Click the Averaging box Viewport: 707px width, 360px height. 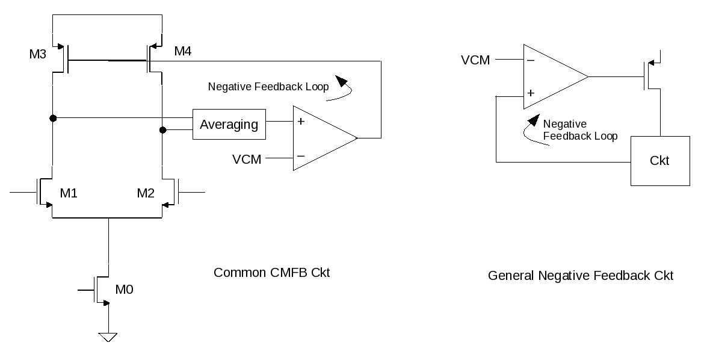229,125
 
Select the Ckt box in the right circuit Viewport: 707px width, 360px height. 659,161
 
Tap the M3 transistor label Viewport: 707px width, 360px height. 38,55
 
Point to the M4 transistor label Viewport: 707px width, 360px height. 183,52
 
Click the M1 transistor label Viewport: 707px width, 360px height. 69,193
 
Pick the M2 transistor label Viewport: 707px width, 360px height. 146,193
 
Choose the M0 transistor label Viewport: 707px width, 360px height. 124,290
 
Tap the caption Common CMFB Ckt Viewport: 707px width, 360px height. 271,272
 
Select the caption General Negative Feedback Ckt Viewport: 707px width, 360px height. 580,276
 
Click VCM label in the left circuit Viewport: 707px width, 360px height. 247,160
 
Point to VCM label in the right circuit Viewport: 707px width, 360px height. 475,60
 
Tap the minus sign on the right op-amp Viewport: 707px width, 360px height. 531,60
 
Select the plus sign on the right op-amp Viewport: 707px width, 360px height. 531,93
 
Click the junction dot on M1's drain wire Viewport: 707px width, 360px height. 53,118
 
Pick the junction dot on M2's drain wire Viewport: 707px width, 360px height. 162,129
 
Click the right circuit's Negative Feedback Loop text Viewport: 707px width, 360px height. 579,130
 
